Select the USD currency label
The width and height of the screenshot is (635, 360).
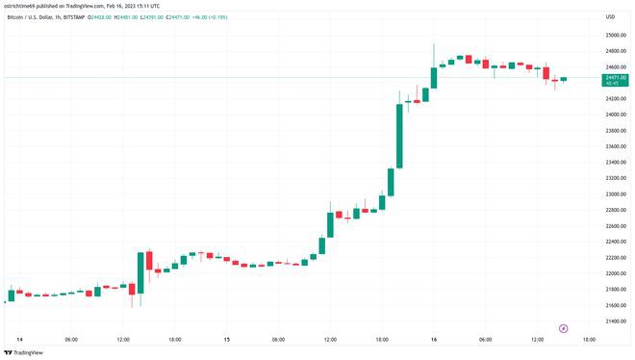[609, 16]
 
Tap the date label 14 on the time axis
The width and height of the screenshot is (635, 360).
[20, 339]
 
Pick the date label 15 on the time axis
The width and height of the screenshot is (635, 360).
[226, 339]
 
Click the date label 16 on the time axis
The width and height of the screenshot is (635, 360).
[433, 339]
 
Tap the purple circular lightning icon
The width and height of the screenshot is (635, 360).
[564, 327]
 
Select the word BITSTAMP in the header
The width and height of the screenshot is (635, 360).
[92, 16]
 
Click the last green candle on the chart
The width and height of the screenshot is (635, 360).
[564, 79]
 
